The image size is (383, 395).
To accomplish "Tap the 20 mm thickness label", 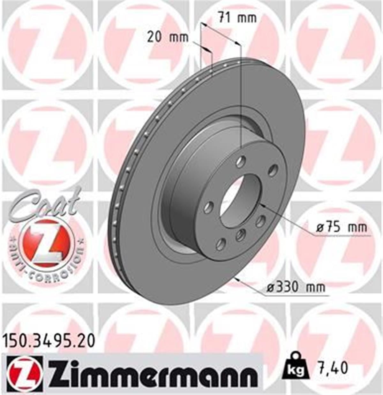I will coord(168,38).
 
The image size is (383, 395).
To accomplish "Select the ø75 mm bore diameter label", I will coord(342,228).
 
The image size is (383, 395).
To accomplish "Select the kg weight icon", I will coord(296,368).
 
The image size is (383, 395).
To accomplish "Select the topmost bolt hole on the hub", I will coord(241,162).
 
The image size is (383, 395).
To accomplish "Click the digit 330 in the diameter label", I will coord(287,287).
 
